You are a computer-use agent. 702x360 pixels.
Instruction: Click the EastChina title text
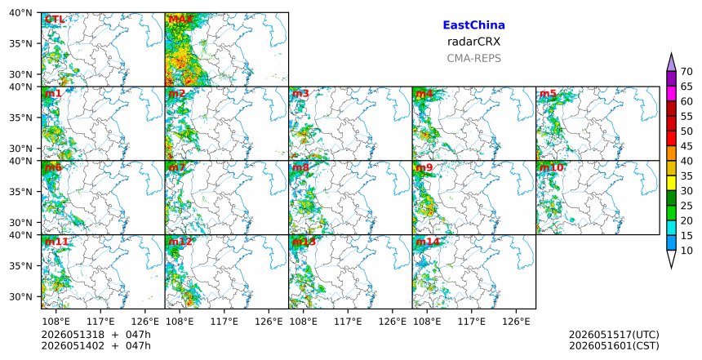pyautogui.click(x=473, y=25)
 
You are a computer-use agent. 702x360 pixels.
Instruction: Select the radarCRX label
pyautogui.click(x=473, y=42)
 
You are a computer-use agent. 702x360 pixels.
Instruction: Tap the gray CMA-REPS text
pyautogui.click(x=473, y=58)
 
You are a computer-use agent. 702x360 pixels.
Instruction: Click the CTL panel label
pyautogui.click(x=55, y=20)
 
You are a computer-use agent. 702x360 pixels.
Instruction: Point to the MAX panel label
pyautogui.click(x=180, y=20)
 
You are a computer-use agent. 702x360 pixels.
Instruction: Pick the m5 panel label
pyautogui.click(x=548, y=94)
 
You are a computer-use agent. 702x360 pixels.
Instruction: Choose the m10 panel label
pyautogui.click(x=551, y=167)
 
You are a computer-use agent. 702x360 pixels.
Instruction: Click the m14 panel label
pyautogui.click(x=428, y=242)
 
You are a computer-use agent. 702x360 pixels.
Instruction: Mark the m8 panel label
pyautogui.click(x=300, y=167)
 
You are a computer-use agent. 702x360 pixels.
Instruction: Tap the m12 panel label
pyautogui.click(x=180, y=242)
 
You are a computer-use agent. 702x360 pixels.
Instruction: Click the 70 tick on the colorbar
pyautogui.click(x=686, y=72)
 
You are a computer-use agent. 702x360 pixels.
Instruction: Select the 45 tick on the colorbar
pyautogui.click(x=686, y=146)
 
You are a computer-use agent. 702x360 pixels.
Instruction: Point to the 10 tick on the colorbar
pyautogui.click(x=686, y=251)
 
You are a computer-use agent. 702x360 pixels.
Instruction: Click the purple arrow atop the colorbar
pyautogui.click(x=671, y=63)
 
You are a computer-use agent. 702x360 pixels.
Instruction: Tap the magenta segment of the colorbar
pyautogui.click(x=671, y=94)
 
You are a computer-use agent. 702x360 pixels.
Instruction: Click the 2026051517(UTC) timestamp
pyautogui.click(x=614, y=335)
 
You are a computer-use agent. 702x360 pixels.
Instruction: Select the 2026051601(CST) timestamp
pyautogui.click(x=614, y=346)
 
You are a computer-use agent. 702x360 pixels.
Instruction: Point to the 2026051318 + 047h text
pyautogui.click(x=96, y=335)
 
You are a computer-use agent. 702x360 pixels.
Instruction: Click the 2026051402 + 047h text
pyautogui.click(x=96, y=346)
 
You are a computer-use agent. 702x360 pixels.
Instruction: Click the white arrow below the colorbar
pyautogui.click(x=671, y=258)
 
